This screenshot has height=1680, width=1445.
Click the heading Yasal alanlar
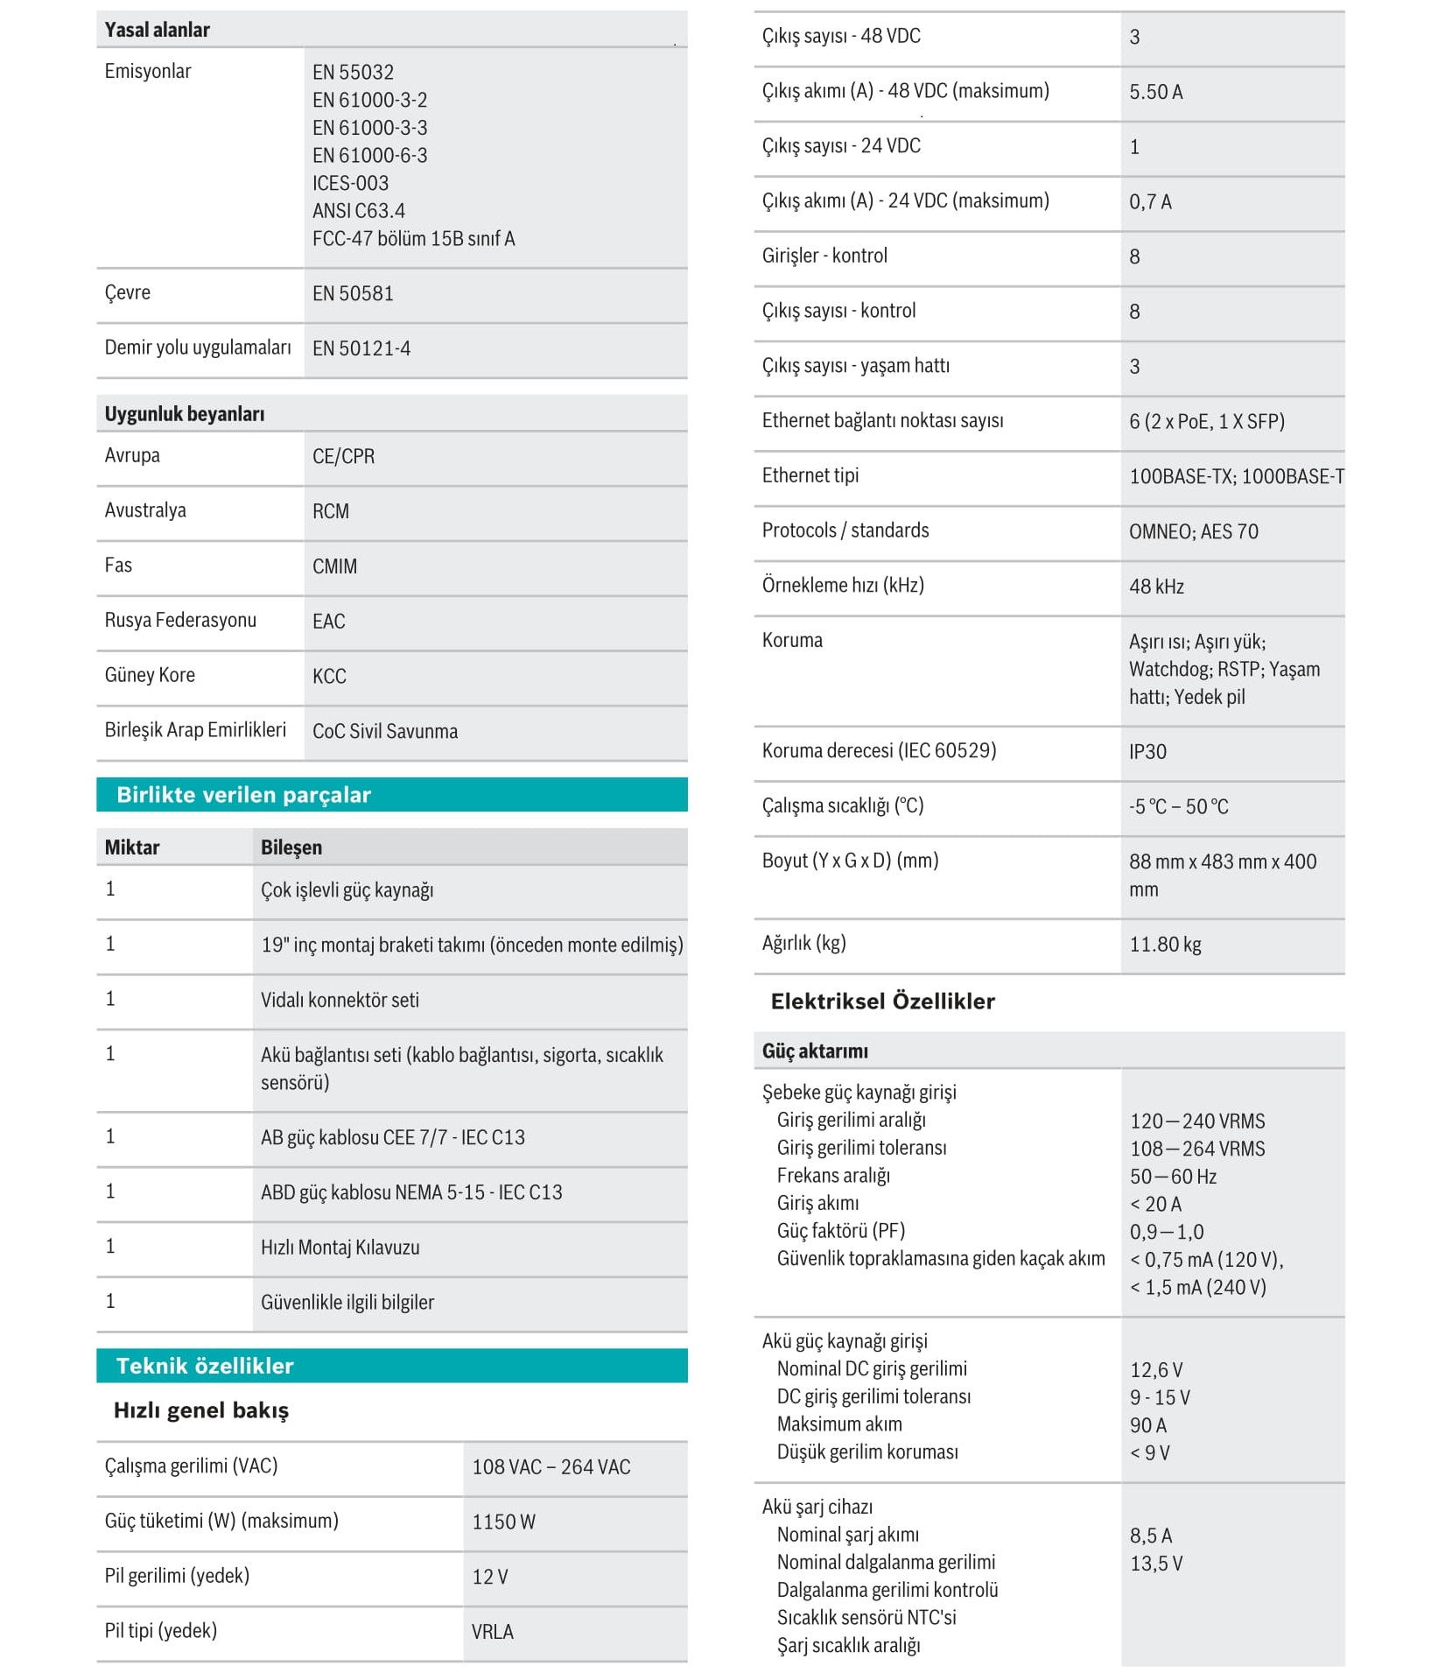157,30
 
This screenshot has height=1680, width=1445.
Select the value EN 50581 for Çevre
353,294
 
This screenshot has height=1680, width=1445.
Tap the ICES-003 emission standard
350,184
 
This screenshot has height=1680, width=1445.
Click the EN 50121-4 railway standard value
361,349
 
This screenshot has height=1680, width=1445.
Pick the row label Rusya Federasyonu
180,621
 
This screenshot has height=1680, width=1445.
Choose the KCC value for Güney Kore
329,677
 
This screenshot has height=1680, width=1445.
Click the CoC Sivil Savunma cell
385,732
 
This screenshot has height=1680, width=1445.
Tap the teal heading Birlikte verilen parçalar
244,795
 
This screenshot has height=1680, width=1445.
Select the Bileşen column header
291,847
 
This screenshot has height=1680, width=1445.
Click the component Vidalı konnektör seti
340,1001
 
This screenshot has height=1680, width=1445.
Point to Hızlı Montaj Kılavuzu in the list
340,1248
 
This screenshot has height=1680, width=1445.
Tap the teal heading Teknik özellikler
205,1366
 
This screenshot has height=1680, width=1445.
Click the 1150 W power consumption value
503,1522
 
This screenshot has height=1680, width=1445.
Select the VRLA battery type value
492,1633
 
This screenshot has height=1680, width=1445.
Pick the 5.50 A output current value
1155,93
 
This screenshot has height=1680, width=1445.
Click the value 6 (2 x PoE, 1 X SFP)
1206,422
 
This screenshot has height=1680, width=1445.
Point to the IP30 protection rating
1147,752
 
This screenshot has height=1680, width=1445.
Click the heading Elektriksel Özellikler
882,1002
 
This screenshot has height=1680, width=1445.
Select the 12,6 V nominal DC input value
1156,1370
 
